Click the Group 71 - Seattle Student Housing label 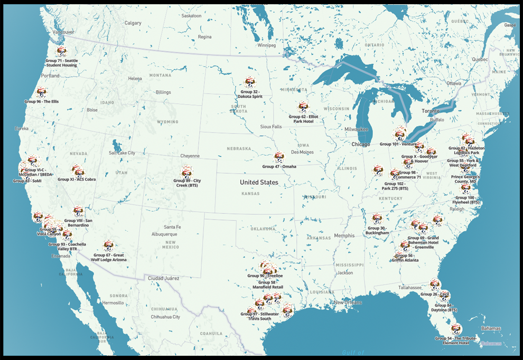pyautogui.click(x=61, y=63)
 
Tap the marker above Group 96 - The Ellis pyautogui.click(x=42, y=92)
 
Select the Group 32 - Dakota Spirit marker pyautogui.click(x=250, y=82)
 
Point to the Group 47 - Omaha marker pyautogui.click(x=279, y=157)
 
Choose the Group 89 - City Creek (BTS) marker pyautogui.click(x=186, y=171)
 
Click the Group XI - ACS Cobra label pyautogui.click(x=76, y=179)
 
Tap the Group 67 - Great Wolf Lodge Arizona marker pyautogui.click(x=108, y=245)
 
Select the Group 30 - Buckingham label pyautogui.click(x=377, y=230)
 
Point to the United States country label pyautogui.click(x=259, y=182)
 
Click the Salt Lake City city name pyautogui.click(x=122, y=153)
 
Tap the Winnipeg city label pyautogui.click(x=266, y=45)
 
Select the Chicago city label pyautogui.click(x=361, y=144)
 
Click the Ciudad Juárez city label pyautogui.click(x=163, y=278)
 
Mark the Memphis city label pyautogui.click(x=344, y=235)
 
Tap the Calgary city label pyautogui.click(x=133, y=23)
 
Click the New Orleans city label pyautogui.click(x=348, y=302)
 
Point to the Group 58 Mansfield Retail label pyautogui.click(x=270, y=285)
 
